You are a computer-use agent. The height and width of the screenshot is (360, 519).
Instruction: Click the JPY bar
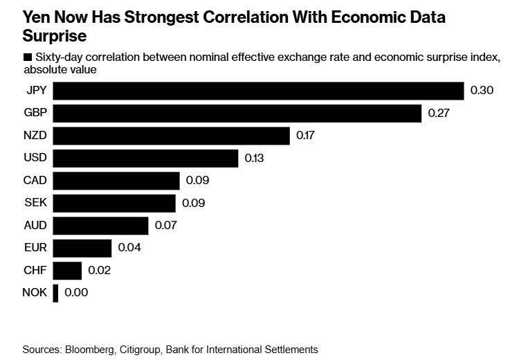258,91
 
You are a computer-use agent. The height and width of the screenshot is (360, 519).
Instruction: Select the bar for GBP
237,114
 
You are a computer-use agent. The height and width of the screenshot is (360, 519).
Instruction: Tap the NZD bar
171,136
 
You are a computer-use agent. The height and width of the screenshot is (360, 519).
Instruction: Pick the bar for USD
145,159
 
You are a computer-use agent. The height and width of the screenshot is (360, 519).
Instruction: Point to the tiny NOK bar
55,293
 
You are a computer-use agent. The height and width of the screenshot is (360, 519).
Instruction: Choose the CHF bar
67,271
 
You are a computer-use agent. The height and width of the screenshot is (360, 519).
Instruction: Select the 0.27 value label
439,114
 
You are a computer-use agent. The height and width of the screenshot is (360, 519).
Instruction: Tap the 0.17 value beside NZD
306,136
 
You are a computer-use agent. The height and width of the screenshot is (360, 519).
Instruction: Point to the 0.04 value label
129,248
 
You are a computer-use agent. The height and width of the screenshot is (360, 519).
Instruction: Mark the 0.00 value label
76,293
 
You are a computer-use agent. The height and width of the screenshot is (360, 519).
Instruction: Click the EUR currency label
35,248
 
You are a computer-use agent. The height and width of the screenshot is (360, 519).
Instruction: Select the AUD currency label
35,226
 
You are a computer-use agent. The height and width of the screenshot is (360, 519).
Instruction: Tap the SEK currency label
35,204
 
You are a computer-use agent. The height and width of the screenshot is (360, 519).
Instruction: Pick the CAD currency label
35,181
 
